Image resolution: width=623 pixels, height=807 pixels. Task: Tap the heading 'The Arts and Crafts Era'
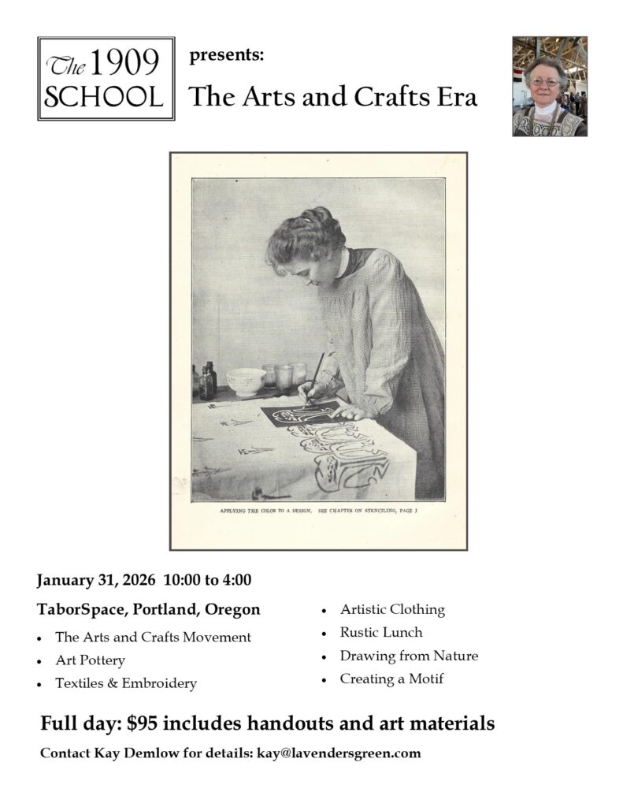(x=333, y=97)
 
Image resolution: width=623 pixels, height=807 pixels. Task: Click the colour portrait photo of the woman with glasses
(x=549, y=86)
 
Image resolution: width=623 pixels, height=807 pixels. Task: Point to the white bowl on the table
(x=246, y=381)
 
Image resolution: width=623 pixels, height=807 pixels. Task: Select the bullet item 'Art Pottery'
(x=90, y=660)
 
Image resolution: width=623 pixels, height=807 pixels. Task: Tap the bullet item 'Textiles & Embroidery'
(x=125, y=683)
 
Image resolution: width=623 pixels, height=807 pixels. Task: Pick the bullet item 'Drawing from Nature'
(x=409, y=656)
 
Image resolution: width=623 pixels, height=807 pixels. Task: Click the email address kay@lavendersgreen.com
(x=337, y=753)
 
